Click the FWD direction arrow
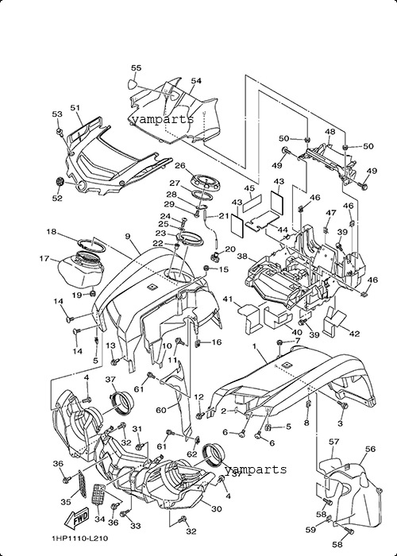point(76,519)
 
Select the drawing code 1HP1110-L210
point(79,539)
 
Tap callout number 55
point(136,68)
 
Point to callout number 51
point(75,107)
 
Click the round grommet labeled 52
point(60,182)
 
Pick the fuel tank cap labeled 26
point(205,182)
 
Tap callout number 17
point(44,259)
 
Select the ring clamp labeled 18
point(91,245)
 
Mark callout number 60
point(161,411)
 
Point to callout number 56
point(370,449)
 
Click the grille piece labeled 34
point(99,495)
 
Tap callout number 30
point(216,509)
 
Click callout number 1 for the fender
point(254,346)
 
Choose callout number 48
point(330,132)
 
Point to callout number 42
point(354,334)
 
